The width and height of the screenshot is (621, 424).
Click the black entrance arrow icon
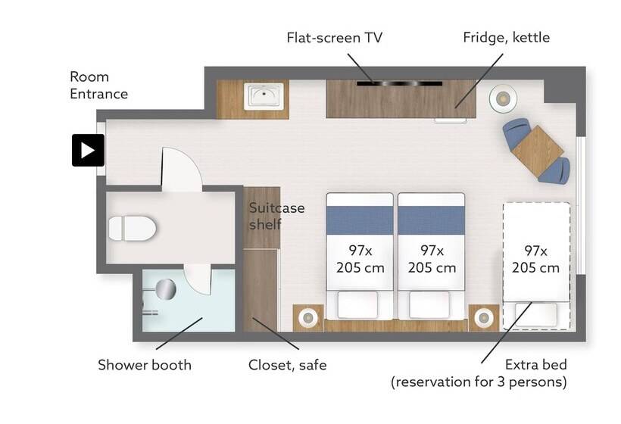[88, 151]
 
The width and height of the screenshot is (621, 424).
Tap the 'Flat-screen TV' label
[334, 38]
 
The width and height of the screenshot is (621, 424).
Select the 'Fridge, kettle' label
[506, 38]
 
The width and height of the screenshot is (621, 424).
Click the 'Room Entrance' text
[98, 85]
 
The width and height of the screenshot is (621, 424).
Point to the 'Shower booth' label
[145, 365]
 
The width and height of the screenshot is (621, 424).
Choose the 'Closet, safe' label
[288, 365]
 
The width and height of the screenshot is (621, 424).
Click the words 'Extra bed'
[536, 364]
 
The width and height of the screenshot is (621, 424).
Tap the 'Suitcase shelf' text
[277, 216]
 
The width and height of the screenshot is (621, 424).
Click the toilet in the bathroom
[133, 229]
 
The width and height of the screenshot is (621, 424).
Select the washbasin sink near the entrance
[264, 96]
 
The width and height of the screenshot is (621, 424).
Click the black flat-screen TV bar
[399, 83]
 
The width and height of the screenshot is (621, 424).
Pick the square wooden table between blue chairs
[537, 151]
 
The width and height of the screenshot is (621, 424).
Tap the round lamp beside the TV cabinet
[503, 98]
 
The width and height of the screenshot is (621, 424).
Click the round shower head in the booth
[166, 289]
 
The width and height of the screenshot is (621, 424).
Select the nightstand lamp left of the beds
[307, 317]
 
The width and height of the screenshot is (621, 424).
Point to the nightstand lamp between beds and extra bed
[484, 317]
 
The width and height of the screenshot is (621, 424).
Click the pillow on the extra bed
[536, 315]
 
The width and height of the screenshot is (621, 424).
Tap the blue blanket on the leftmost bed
[360, 220]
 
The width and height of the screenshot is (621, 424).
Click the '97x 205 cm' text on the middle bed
[432, 259]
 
